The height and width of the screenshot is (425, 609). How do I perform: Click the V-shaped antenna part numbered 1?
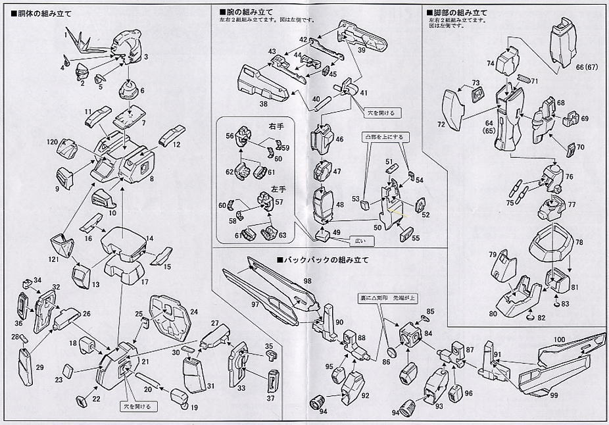(86, 42)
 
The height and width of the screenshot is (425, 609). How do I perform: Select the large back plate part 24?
(170, 316)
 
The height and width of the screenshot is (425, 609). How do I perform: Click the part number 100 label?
(559, 339)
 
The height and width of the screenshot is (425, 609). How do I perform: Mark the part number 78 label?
(579, 243)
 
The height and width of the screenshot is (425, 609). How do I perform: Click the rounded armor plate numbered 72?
(453, 108)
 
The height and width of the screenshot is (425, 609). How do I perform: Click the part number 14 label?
(150, 238)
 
